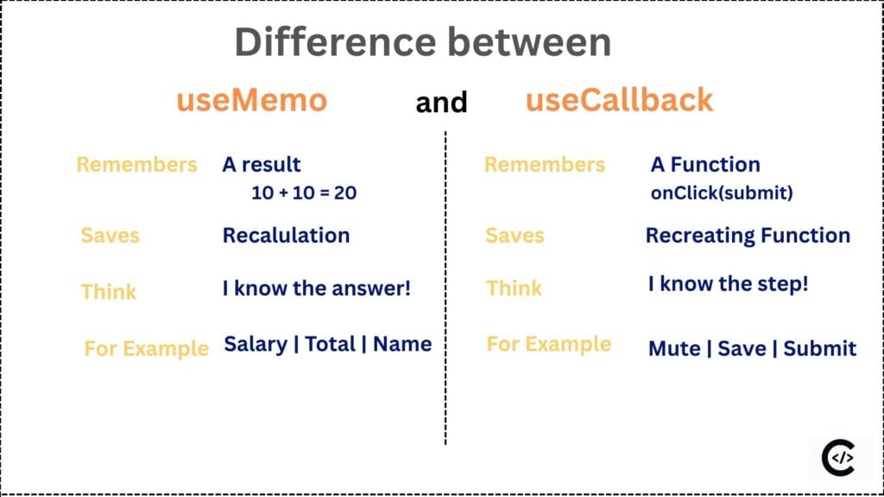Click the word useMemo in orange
pos(251,101)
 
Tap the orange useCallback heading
pos(619,100)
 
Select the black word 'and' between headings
pos(441,103)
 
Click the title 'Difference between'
pos(423,42)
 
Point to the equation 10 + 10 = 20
pos(304,192)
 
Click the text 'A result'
pos(262,164)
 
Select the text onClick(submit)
pos(721,193)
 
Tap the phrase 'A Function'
pos(705,164)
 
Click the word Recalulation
pos(286,236)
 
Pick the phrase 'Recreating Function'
pos(748,236)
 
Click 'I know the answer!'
pos(316,288)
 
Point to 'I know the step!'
pos(728,283)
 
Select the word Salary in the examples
pos(256,344)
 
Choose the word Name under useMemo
pos(402,344)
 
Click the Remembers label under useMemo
pos(136,164)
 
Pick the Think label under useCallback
pos(515,288)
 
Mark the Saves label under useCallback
pos(515,236)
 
